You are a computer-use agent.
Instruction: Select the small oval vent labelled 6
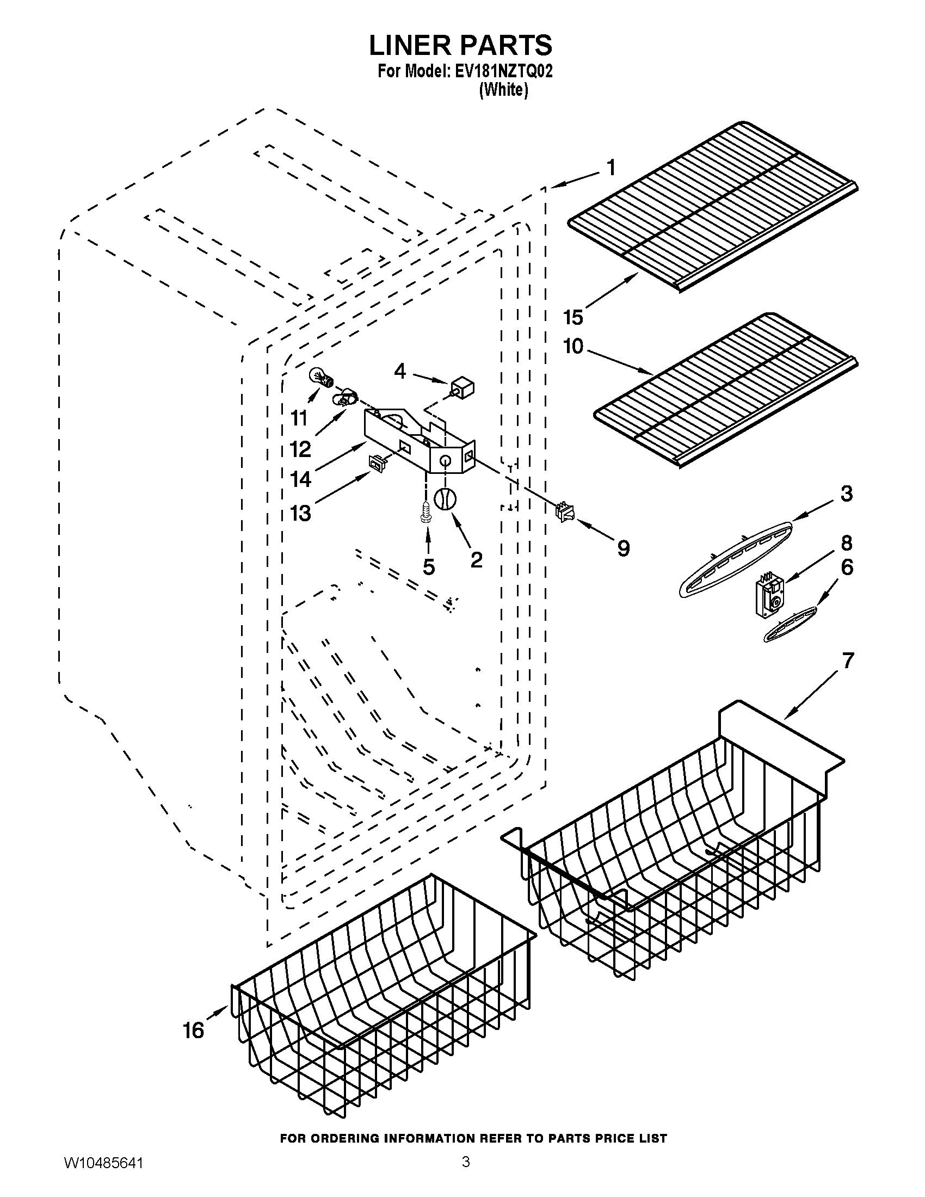coord(790,625)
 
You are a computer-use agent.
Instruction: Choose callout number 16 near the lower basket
coord(194,1031)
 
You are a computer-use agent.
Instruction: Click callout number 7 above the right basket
coord(847,661)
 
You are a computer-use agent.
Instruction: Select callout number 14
coord(301,479)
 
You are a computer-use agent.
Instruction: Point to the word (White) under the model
coord(504,90)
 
